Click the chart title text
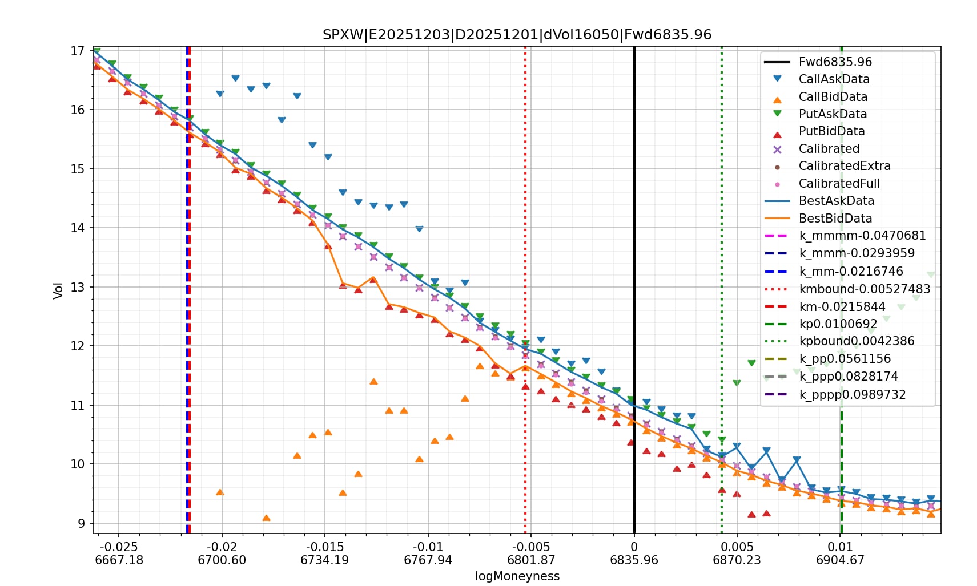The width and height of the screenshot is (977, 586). pos(517,34)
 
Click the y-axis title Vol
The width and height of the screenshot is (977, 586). pos(58,290)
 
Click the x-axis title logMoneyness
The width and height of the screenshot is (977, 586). pos(517,576)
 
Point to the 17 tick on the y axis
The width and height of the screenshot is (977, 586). pos(78,51)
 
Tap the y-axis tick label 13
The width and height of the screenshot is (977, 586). pos(78,287)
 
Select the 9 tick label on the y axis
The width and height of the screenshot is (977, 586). pos(81,523)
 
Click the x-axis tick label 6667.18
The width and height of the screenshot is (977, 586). pos(119,560)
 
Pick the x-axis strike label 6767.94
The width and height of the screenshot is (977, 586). pos(428,560)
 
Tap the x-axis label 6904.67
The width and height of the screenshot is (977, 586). pos(840,560)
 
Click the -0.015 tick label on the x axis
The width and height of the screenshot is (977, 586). pos(324,547)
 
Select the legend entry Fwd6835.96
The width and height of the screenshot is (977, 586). pos(835,62)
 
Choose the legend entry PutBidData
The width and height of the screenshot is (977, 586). pos(831,131)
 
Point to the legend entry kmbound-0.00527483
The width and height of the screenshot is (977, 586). pos(865,289)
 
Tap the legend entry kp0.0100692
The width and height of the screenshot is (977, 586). pos(838,324)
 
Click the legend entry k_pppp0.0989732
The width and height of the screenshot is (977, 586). pos(852,394)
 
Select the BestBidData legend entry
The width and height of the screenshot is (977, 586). pos(835,218)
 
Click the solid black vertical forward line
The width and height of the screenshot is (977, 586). pos(634,228)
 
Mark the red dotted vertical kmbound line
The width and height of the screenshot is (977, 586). pos(525,171)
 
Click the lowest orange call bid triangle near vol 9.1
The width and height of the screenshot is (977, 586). pos(266,518)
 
